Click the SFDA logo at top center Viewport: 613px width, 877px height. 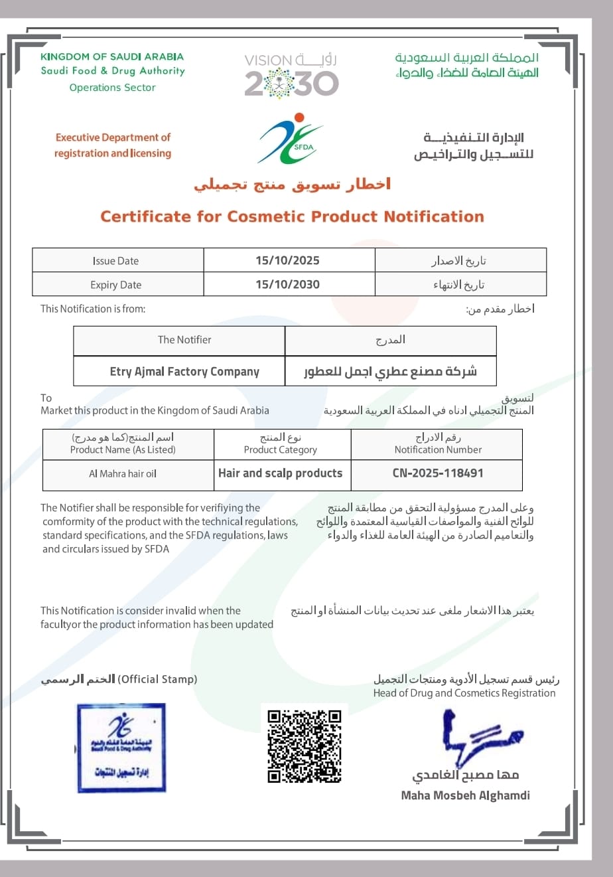tap(290, 139)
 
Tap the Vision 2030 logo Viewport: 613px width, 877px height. tap(291, 76)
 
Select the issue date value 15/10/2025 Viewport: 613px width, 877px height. tap(287, 260)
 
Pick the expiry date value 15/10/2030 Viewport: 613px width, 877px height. tap(287, 284)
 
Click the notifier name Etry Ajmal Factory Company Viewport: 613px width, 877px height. tap(184, 372)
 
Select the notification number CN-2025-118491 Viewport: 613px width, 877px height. tap(438, 473)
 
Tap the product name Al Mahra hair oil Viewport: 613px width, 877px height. tap(123, 474)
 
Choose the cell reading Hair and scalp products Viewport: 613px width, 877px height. tap(280, 473)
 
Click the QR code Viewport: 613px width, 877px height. tap(305, 746)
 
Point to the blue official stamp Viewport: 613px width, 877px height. tap(121, 748)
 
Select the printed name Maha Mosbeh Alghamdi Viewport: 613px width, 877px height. tap(465, 795)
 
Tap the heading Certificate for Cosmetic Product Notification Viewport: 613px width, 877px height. tap(292, 216)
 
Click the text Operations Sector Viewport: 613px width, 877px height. tap(112, 88)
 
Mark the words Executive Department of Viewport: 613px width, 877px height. tap(113, 137)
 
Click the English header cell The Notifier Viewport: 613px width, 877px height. tap(184, 340)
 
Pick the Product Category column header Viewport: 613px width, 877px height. tap(281, 449)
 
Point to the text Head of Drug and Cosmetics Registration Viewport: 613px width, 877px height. tap(464, 693)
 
